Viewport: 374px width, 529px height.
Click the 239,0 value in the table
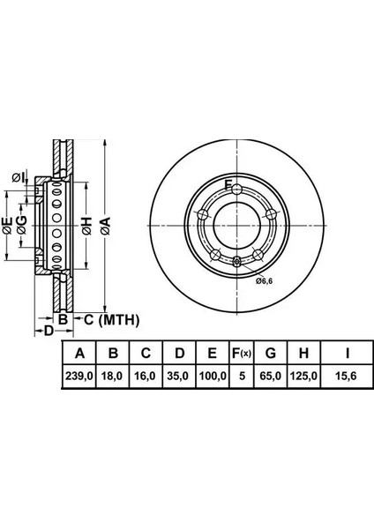pos(79,376)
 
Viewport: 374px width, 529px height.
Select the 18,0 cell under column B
pos(112,376)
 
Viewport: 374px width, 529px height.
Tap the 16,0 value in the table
pos(146,376)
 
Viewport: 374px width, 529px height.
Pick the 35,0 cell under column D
pos(178,376)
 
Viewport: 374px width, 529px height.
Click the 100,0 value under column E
pos(213,376)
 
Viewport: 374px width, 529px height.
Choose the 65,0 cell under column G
pos(271,376)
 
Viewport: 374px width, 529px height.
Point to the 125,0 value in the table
pos(303,376)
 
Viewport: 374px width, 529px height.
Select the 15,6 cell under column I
pos(347,376)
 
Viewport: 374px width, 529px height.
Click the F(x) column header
pos(242,354)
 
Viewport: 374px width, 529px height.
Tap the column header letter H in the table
pos(303,354)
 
